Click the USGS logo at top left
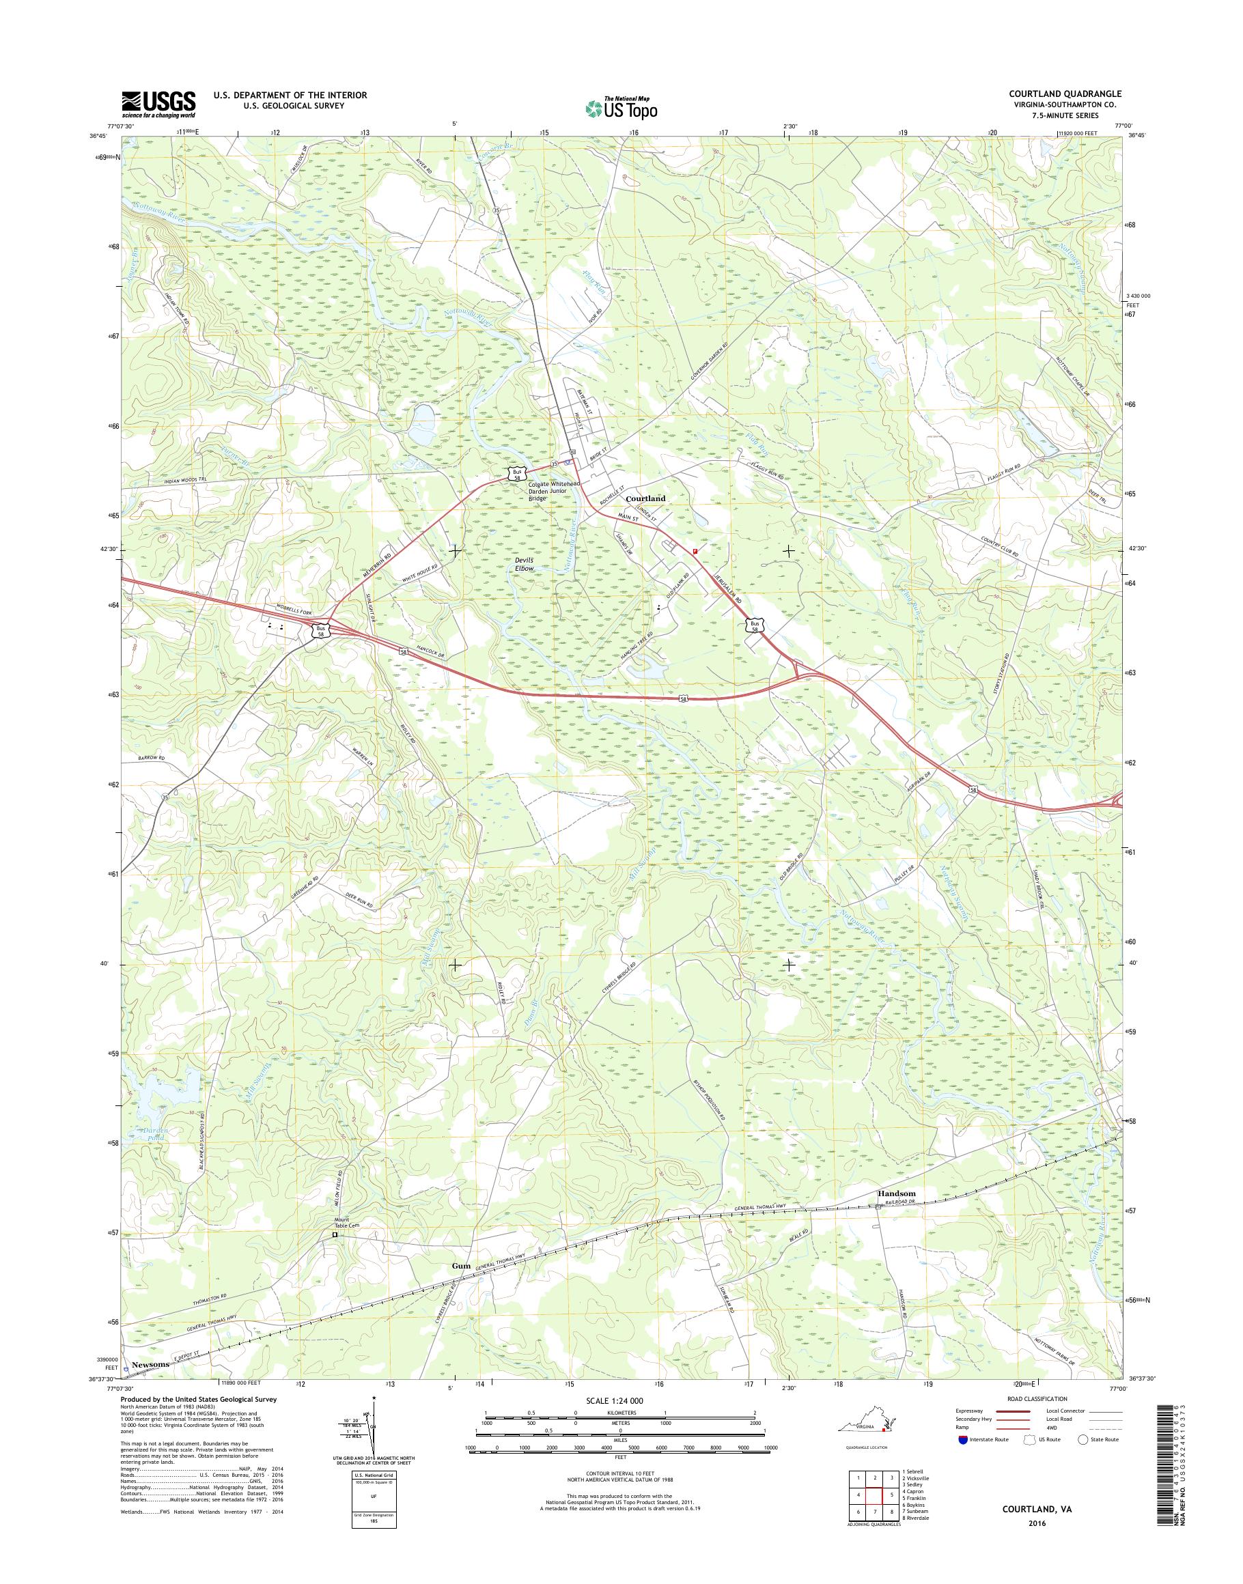pos(158,103)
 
